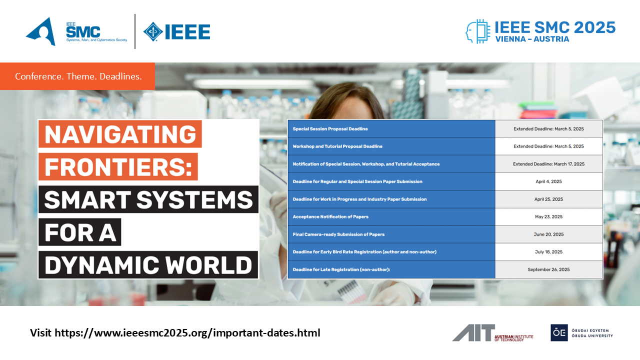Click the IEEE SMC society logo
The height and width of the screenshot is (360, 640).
(76, 31)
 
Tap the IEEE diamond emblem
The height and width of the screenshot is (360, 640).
(153, 31)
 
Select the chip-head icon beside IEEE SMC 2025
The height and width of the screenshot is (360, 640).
(477, 31)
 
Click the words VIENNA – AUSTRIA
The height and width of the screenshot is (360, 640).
(532, 39)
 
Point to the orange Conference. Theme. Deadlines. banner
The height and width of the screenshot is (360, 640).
(77, 76)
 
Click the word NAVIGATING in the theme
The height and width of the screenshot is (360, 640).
(120, 134)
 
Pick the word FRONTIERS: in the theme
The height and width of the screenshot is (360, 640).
(118, 167)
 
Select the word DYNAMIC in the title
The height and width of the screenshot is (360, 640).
(101, 265)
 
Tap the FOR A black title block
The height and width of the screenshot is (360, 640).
(80, 232)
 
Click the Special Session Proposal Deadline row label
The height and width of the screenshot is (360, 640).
(330, 129)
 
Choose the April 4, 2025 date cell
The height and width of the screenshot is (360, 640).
(548, 181)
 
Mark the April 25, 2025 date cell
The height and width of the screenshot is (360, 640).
(548, 199)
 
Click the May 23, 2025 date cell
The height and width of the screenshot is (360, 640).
(548, 216)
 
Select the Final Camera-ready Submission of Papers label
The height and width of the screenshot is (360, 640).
(338, 234)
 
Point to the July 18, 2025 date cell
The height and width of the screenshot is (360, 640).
(548, 251)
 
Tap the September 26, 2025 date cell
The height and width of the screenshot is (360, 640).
(548, 269)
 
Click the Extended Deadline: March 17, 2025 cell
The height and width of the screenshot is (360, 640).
(548, 164)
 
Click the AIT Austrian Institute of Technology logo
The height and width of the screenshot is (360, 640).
(492, 333)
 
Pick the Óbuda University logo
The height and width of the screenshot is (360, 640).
(581, 333)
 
